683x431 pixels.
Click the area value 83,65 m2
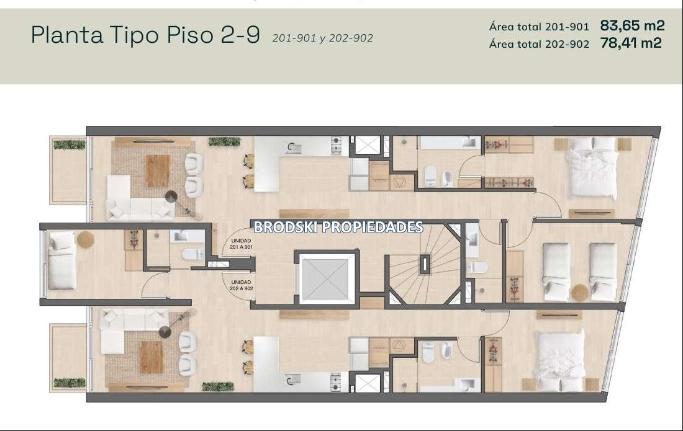tap(632, 25)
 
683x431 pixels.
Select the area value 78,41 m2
tap(631, 43)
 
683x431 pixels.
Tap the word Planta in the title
tap(67, 34)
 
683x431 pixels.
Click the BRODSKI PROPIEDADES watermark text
tap(338, 227)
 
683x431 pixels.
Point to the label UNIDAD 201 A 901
tap(242, 244)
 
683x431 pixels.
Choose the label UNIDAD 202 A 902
tap(242, 285)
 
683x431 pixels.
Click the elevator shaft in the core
tap(327, 278)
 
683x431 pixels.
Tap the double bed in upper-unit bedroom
tap(592, 167)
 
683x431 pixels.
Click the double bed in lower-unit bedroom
tap(561, 360)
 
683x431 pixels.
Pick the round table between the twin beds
tap(580, 292)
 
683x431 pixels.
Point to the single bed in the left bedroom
tap(61, 260)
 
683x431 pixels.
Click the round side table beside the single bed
tap(86, 239)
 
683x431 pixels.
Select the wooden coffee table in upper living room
tap(158, 171)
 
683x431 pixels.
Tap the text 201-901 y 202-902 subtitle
tap(323, 38)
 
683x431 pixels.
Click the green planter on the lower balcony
tap(70, 383)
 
